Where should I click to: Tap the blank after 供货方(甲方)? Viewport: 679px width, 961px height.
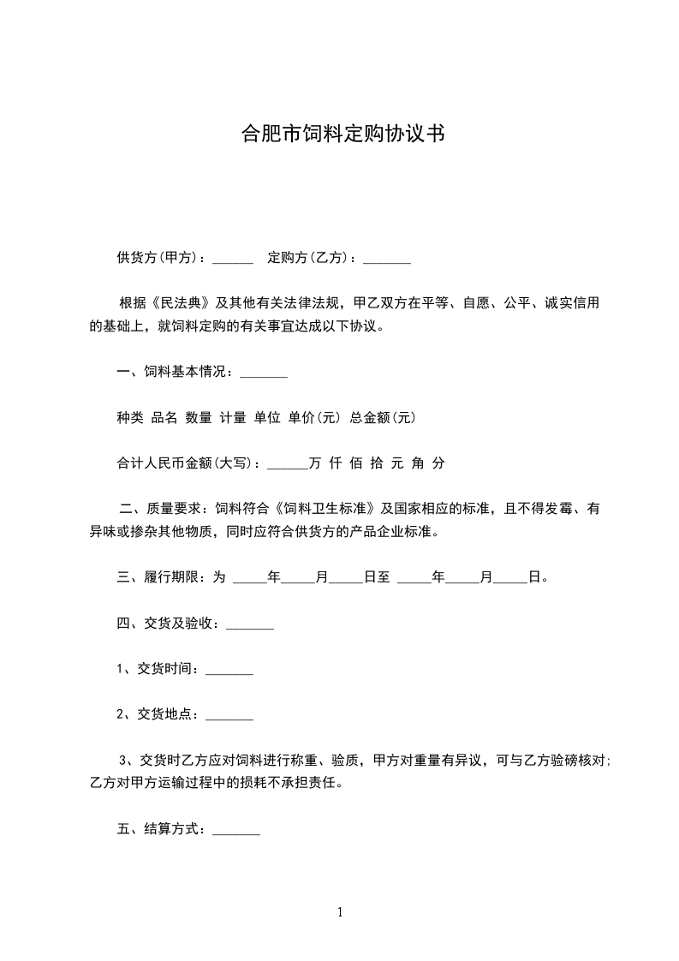232,259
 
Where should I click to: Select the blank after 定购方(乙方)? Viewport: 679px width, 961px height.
387,259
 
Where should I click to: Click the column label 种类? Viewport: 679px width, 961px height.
130,418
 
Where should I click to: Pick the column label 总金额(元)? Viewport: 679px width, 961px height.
383,418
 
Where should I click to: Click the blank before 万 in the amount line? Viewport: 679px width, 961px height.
287,463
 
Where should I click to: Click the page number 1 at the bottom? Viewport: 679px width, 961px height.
340,912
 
